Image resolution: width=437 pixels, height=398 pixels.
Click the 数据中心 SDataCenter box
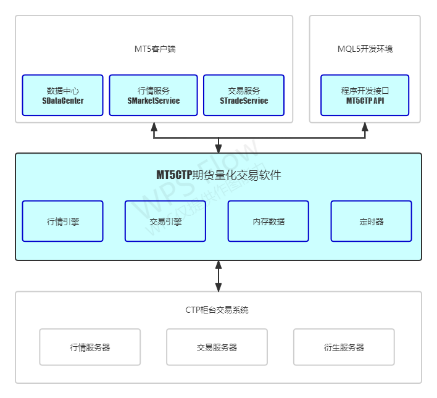tap(62, 95)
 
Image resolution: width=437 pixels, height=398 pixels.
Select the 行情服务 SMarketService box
tap(154, 95)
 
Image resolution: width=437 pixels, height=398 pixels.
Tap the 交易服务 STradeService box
tap(244, 95)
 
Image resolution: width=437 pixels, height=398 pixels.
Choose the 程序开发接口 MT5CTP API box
tap(365, 95)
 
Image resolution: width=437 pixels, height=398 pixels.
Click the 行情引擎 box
tap(62, 221)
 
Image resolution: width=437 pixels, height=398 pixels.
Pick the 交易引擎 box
tap(165, 221)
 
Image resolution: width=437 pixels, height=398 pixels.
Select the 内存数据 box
tap(268, 221)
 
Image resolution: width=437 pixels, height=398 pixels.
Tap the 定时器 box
tap(371, 221)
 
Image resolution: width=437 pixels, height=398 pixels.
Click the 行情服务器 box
tap(90, 347)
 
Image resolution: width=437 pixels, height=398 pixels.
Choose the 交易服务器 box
tap(217, 347)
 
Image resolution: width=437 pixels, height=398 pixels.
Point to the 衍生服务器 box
tap(344, 347)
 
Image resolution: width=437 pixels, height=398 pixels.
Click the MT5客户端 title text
tap(155, 49)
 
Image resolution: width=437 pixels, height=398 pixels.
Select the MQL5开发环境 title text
tap(365, 49)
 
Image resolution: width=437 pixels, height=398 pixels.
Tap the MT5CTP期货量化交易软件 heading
tap(218, 175)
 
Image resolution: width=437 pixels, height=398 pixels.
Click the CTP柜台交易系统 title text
tap(217, 310)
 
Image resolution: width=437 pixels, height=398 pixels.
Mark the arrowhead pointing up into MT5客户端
tap(154, 127)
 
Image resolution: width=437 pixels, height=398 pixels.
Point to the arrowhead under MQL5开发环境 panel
tap(365, 127)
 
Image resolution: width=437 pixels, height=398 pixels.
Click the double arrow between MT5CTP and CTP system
tap(218, 276)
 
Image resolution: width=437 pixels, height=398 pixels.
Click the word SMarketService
tap(154, 101)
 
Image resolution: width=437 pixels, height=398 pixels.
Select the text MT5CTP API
tap(365, 101)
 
